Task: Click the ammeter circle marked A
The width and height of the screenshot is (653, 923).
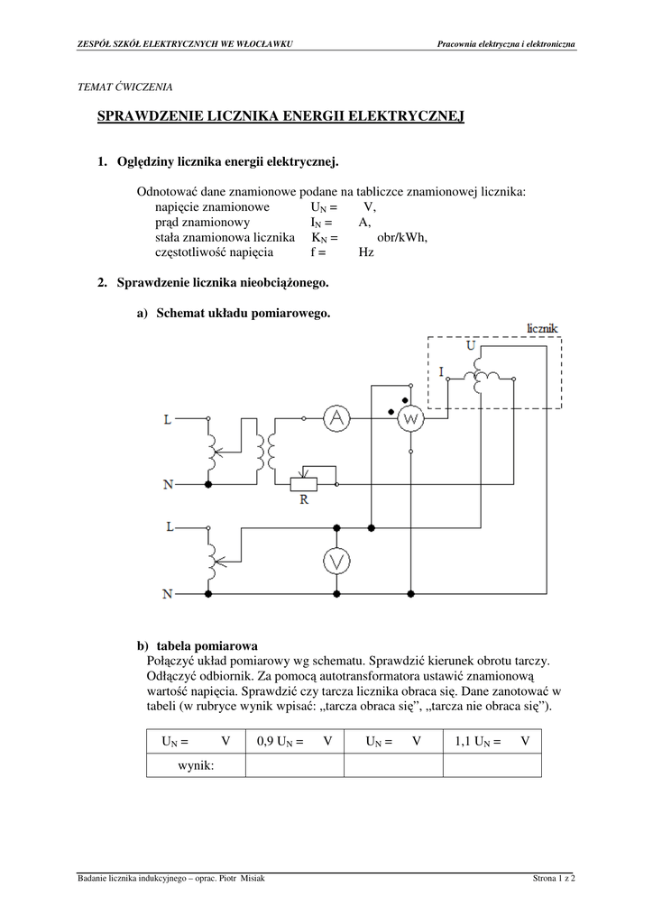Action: point(336,417)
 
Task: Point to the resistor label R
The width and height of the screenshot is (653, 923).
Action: point(304,501)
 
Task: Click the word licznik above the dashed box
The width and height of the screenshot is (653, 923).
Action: point(543,327)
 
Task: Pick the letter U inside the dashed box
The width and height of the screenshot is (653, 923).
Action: point(470,345)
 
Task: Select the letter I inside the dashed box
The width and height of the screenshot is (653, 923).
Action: point(441,370)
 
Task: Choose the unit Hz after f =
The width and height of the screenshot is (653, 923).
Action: point(366,252)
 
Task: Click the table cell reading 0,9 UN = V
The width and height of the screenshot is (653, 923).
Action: point(294,741)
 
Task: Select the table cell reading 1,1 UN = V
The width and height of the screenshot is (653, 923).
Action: point(492,741)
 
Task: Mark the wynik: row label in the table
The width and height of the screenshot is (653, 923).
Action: point(195,764)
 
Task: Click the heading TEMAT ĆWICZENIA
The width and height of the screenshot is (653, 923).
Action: point(126,87)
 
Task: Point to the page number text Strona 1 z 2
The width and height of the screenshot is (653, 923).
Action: point(554,878)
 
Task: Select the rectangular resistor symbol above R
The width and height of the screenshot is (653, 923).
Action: point(304,484)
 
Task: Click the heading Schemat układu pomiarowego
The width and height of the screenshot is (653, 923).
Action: point(243,314)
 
